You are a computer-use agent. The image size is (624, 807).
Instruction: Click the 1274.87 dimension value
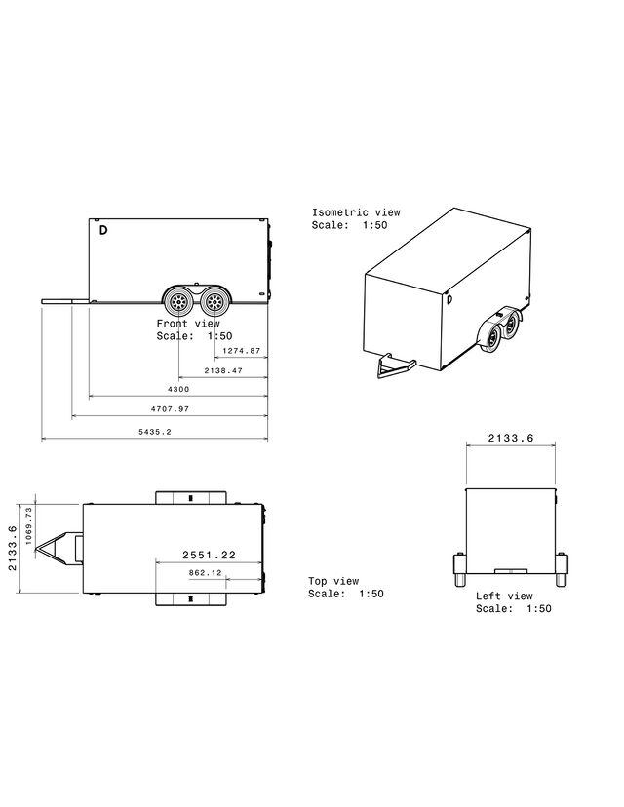coord(242,351)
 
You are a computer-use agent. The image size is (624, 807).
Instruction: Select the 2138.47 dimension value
coord(223,370)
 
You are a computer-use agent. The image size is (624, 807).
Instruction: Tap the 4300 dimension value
coord(178,389)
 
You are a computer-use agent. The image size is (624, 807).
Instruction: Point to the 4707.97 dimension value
coord(170,409)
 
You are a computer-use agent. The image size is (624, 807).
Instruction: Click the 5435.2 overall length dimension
coord(155,432)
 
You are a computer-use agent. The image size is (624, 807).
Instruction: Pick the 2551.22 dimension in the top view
coord(209,555)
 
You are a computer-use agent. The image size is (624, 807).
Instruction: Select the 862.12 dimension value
coord(206,572)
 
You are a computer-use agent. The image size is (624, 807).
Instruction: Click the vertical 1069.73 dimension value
coord(29,526)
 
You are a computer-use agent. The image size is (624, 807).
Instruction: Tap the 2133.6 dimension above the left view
coord(511,438)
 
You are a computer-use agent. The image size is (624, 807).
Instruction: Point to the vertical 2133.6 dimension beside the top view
coord(13,548)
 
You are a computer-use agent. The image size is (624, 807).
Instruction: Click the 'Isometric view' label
coord(356,212)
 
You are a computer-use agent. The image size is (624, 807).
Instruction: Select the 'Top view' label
coord(333,581)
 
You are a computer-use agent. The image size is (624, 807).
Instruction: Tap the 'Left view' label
coord(504,596)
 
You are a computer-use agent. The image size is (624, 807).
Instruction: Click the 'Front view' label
coord(188,324)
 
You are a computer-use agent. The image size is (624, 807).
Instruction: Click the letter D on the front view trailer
coord(103,230)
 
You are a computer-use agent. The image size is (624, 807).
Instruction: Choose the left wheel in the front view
coord(178,300)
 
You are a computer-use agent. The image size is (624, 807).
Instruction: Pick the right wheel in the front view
coord(214,300)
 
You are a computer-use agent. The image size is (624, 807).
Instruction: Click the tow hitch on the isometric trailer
coord(395,365)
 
